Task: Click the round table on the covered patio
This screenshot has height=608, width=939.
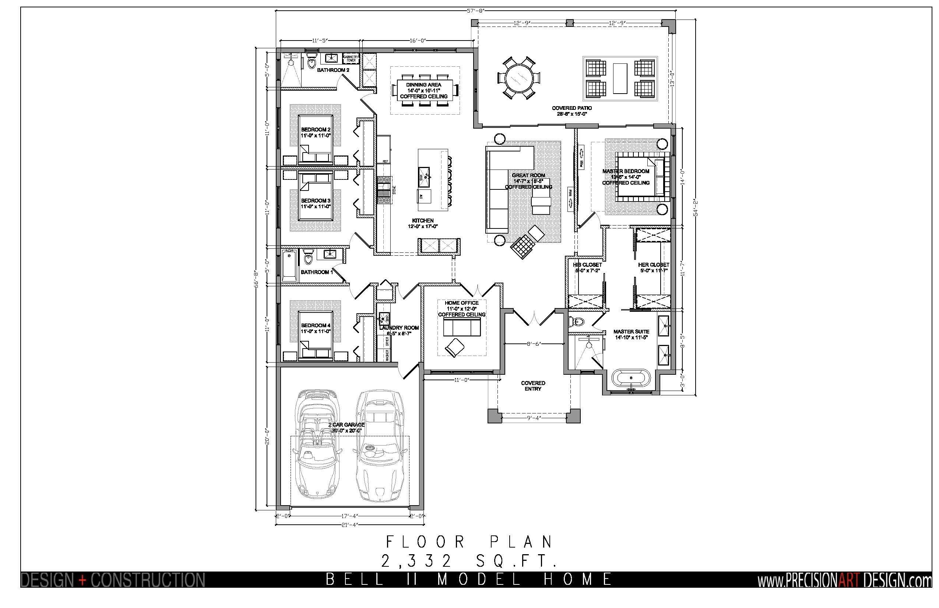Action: point(518,77)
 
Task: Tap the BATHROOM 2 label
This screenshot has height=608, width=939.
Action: point(333,70)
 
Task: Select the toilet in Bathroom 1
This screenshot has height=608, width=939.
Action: point(308,258)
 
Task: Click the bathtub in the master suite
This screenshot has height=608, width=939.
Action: point(631,378)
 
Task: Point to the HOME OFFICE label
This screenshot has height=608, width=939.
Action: point(462,303)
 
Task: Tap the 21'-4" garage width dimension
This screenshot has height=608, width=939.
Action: point(349,525)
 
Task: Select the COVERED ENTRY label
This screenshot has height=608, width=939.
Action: point(533,386)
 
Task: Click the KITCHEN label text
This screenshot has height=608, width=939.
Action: point(423,221)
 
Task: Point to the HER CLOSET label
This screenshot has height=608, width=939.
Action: point(654,265)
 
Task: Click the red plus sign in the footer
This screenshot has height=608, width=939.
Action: point(82,580)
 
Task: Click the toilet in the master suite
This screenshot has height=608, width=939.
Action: point(577,322)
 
